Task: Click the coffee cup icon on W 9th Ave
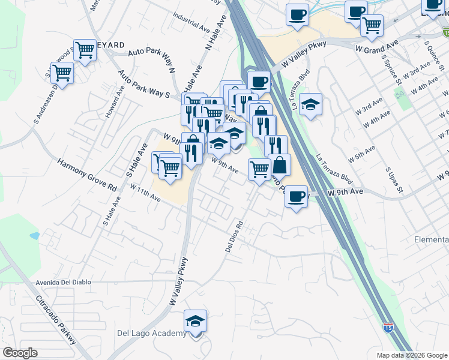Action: point(296,196)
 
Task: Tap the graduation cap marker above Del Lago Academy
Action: point(195,321)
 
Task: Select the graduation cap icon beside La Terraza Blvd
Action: point(310,104)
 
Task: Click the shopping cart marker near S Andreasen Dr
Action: point(62,73)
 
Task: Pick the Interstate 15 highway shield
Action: point(389,328)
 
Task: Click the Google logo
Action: point(20,353)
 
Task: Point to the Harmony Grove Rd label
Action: point(87,175)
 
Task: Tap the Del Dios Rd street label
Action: point(234,236)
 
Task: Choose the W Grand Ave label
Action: point(377,46)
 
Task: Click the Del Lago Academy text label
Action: point(151,334)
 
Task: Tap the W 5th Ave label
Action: point(362,154)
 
